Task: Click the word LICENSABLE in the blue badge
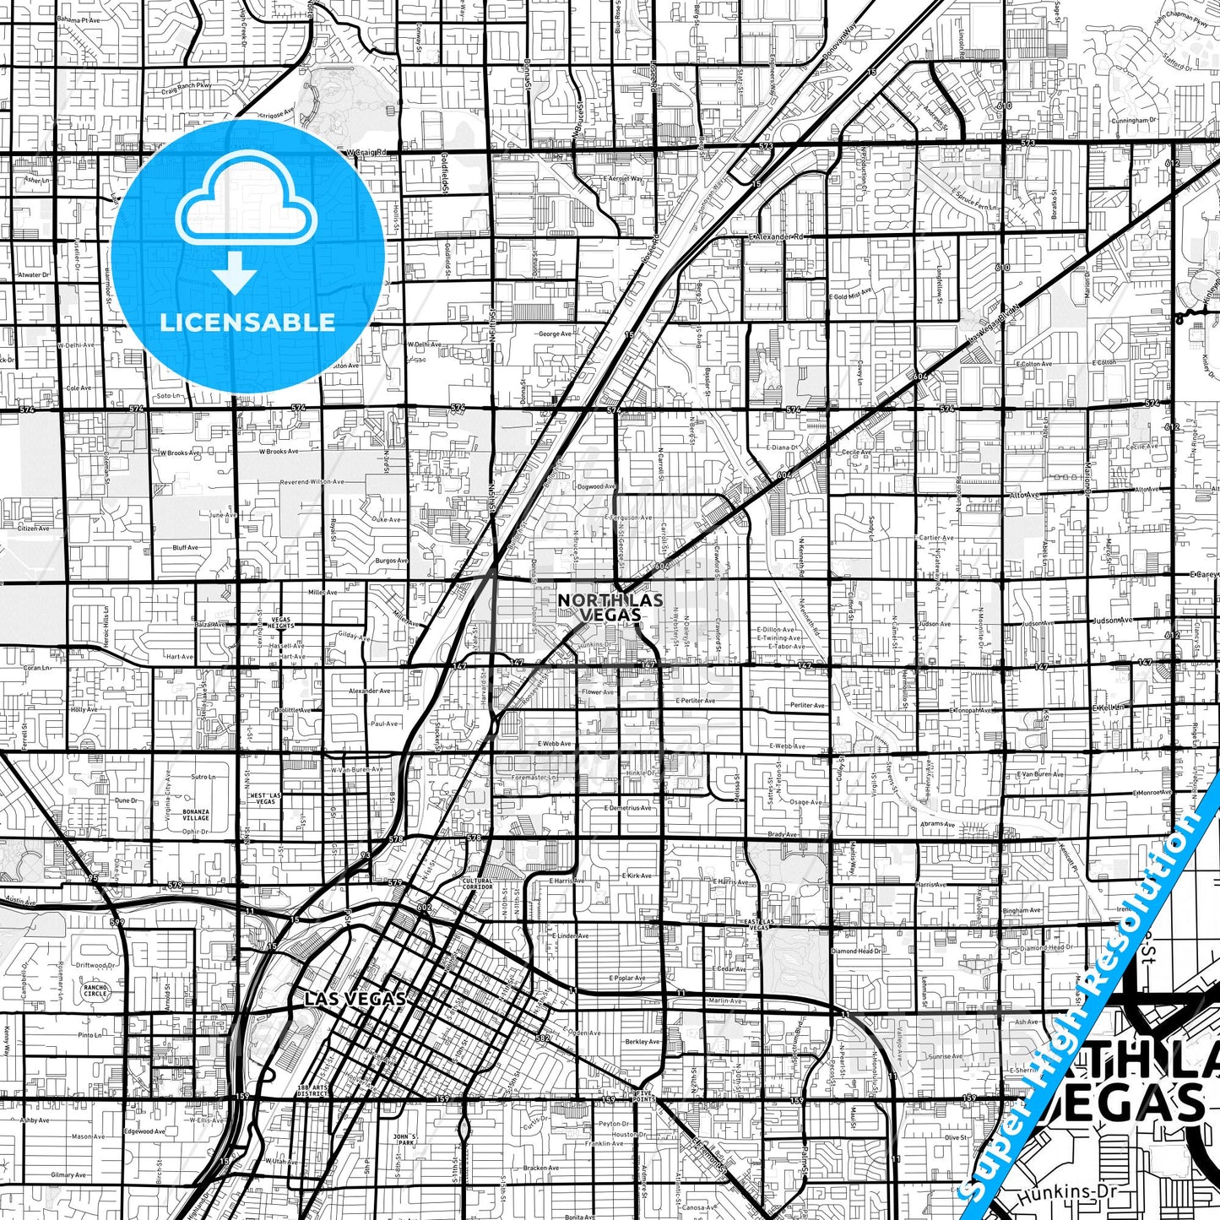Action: (247, 322)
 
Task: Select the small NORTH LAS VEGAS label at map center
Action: (610, 607)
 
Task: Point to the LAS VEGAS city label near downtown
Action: (355, 998)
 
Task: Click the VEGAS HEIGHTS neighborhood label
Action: (280, 622)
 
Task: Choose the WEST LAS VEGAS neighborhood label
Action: (265, 798)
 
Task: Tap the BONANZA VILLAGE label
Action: (196, 815)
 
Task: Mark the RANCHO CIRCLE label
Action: (95, 990)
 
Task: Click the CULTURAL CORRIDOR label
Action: (477, 884)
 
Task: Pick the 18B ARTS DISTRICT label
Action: (312, 1090)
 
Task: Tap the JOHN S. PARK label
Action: (405, 1139)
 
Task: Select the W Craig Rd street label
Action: (366, 152)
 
